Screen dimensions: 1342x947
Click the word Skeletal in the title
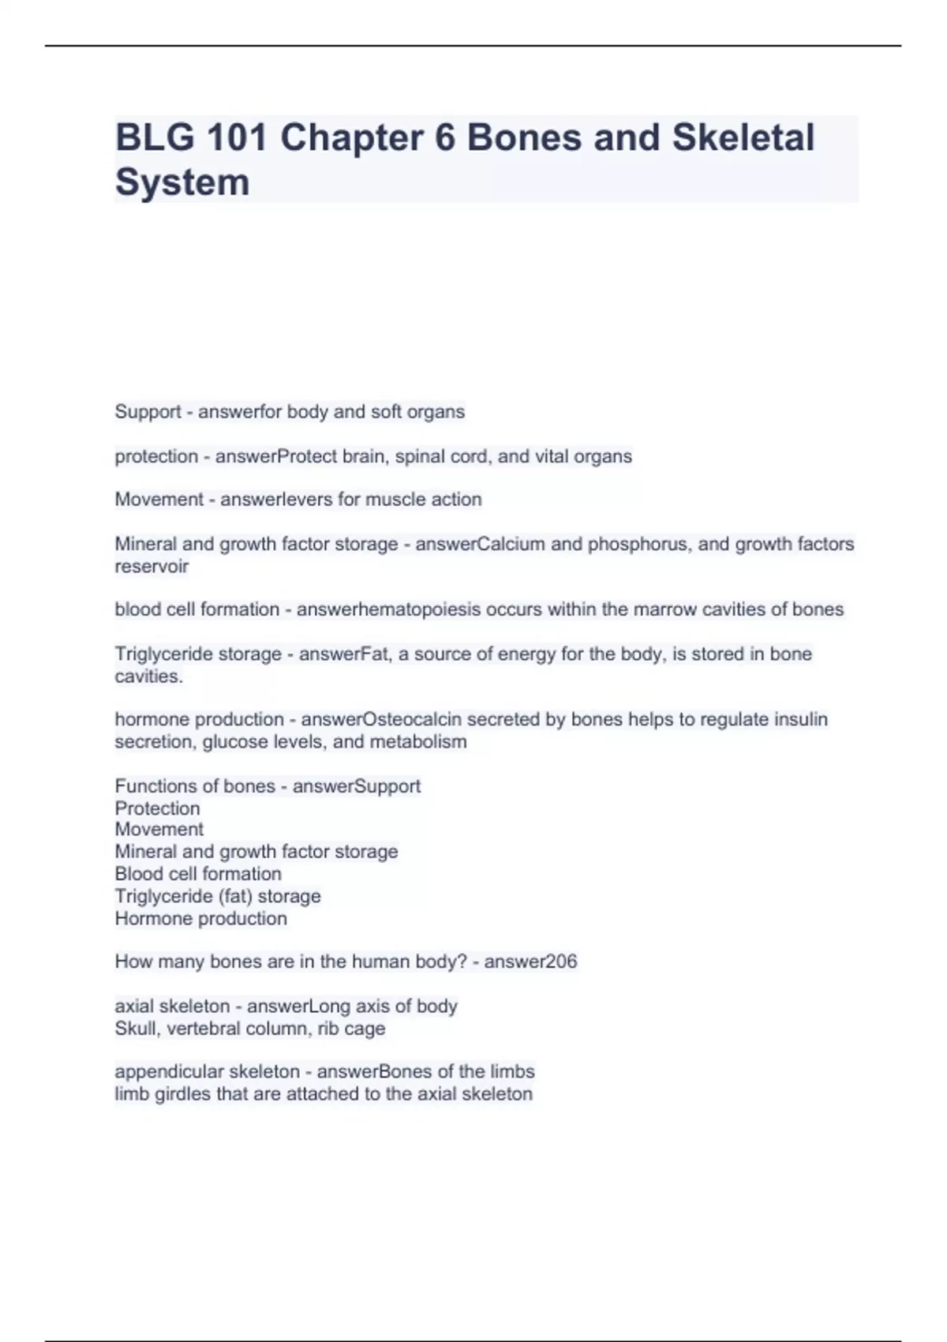click(x=743, y=137)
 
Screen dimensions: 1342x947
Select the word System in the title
click(x=182, y=182)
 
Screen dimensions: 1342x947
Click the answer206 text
click(x=530, y=962)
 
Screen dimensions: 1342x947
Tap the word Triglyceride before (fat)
click(x=163, y=896)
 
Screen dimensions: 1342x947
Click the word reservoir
click(x=152, y=566)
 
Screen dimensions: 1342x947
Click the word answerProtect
click(x=264, y=456)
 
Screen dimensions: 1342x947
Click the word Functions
click(x=154, y=786)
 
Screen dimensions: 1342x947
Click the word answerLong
click(x=285, y=1006)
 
